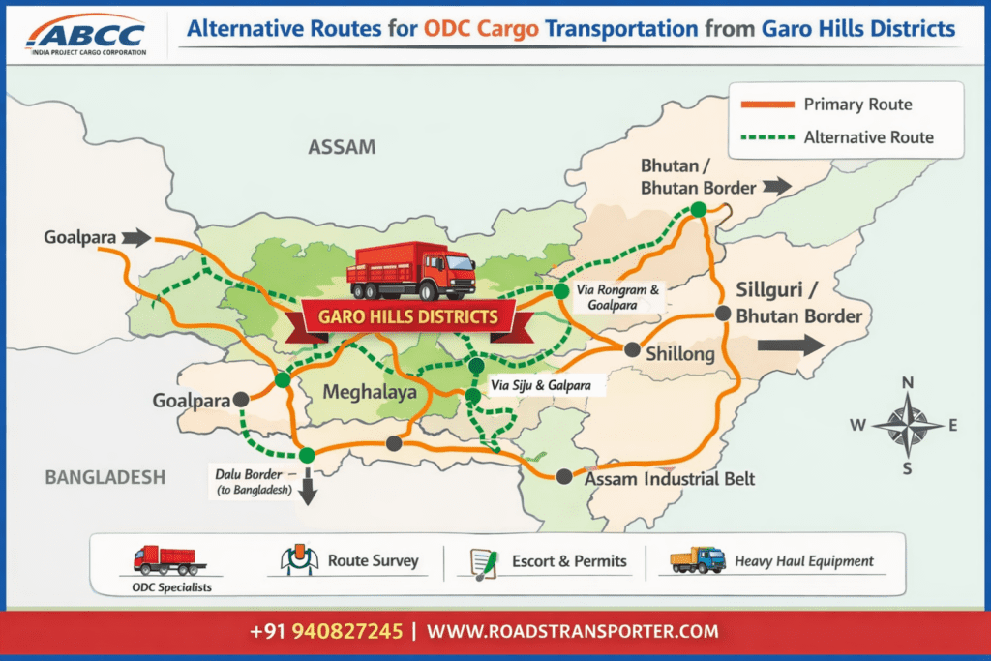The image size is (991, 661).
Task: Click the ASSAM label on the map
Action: [341, 147]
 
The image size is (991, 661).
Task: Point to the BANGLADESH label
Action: [105, 476]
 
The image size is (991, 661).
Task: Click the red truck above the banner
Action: [411, 271]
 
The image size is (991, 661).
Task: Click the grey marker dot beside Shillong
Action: [632, 349]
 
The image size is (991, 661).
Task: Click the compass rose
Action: [907, 425]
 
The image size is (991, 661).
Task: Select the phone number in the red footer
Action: [325, 632]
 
